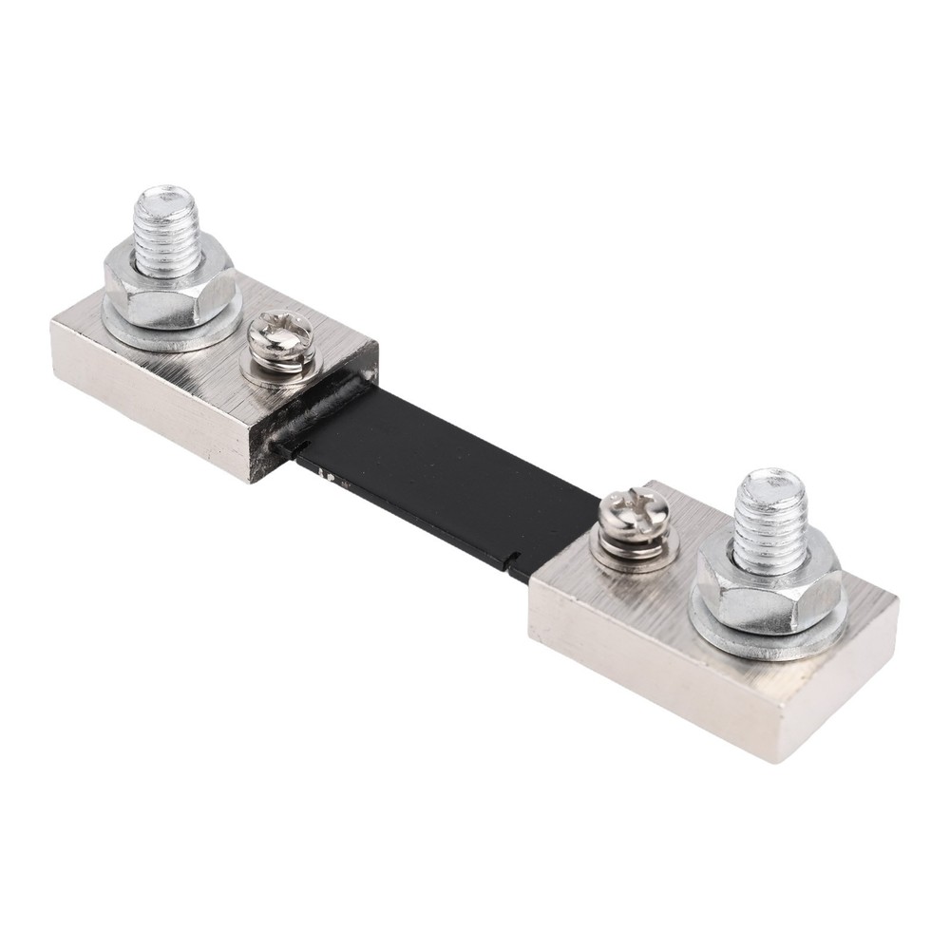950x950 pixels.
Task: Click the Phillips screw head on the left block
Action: coord(276,338)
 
